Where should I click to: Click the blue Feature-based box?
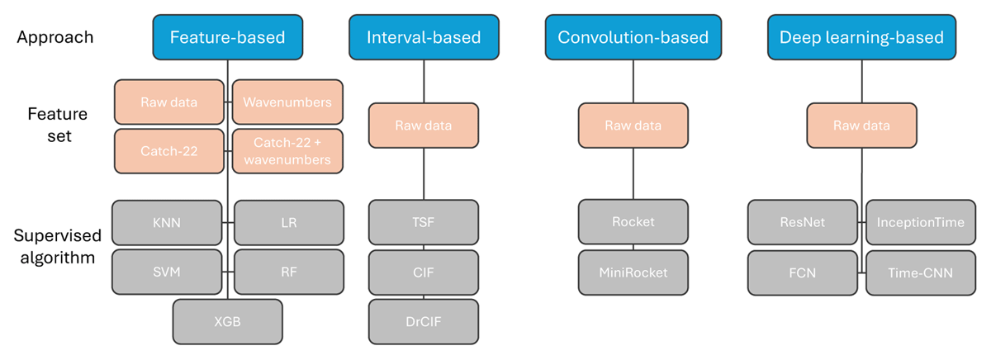tap(228, 37)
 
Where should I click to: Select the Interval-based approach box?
tap(424, 37)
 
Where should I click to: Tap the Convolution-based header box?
tap(633, 37)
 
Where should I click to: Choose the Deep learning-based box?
tap(861, 37)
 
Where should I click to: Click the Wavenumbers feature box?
tap(287, 102)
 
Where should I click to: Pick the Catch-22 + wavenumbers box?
tap(287, 151)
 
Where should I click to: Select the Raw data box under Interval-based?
tap(424, 126)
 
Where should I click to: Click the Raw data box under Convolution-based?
tap(633, 126)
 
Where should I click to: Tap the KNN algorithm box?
tap(167, 222)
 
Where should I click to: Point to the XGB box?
tap(227, 321)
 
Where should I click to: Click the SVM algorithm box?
tap(167, 272)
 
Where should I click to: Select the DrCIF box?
tap(424, 321)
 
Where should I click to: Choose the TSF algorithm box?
tap(424, 222)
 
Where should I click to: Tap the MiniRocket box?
tap(633, 272)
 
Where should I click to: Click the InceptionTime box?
tap(921, 222)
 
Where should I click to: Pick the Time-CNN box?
tap(921, 272)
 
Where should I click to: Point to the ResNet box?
tap(803, 222)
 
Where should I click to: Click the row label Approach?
tap(55, 37)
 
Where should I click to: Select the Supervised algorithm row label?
tap(57, 246)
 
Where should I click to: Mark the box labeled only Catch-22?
tap(169, 151)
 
